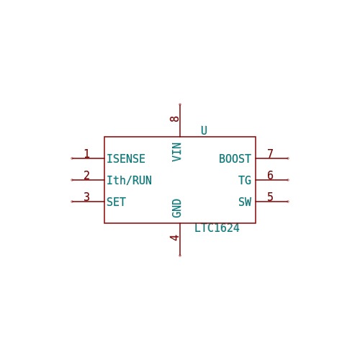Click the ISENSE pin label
126,158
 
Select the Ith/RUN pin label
129,180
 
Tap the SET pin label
116,202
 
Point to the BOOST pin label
235,158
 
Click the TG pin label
245,180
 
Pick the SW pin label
245,202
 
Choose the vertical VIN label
176,152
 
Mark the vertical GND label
176,208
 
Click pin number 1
86,153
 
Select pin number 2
86,175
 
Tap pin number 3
86,197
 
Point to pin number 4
174,238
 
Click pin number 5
270,197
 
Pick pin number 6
270,175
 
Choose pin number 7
270,153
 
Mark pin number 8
174,119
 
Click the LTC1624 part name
217,228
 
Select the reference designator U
204,130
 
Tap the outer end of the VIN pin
180,104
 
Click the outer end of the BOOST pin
288,158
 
